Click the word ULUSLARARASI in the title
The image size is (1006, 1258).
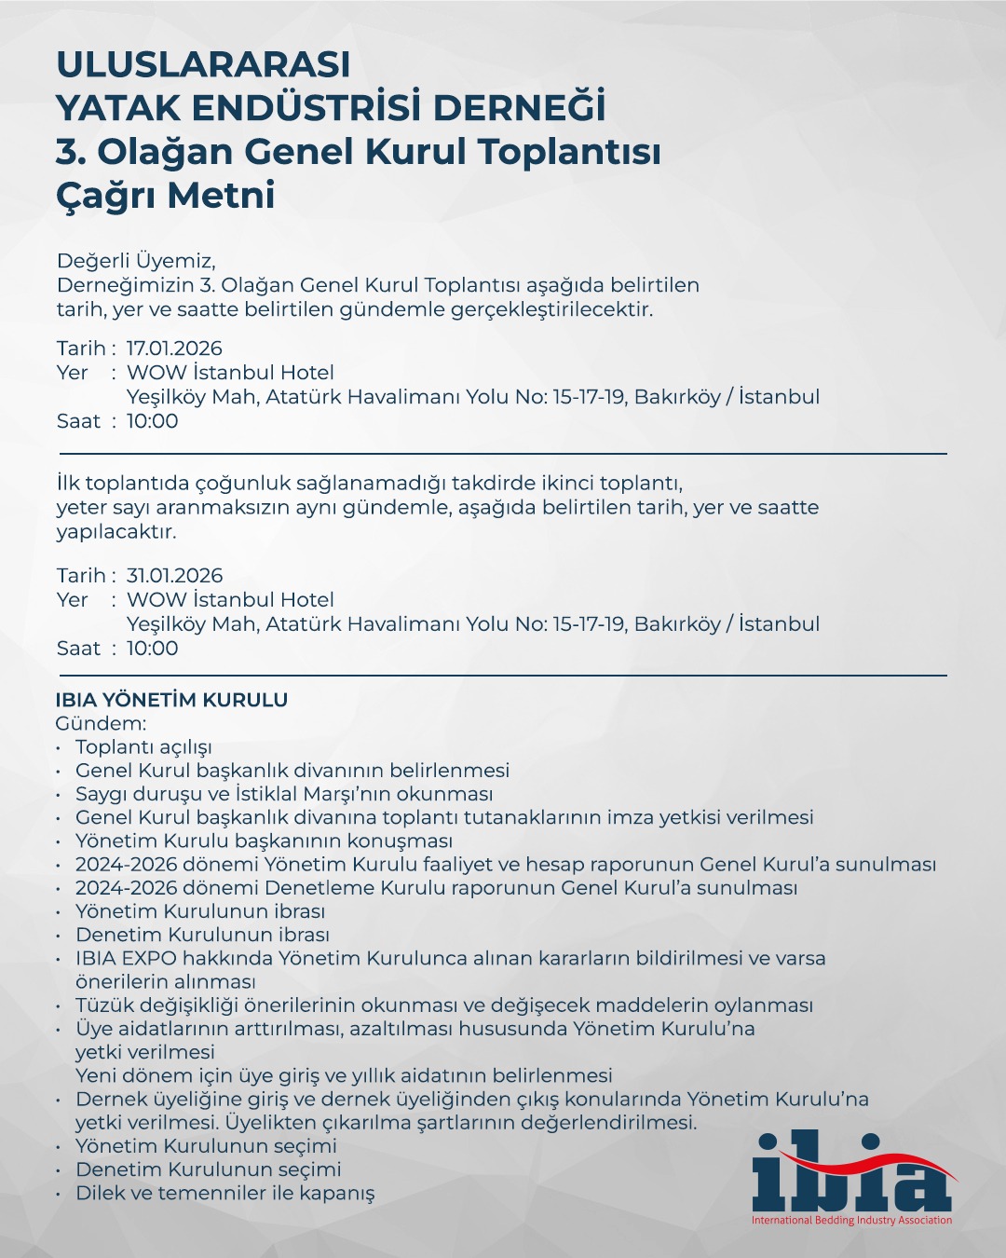pos(203,65)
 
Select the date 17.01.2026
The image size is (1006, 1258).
pos(174,349)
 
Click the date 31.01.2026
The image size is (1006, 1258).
pos(174,576)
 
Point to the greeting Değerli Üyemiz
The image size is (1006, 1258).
pos(136,261)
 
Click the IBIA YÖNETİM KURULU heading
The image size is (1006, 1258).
pos(171,700)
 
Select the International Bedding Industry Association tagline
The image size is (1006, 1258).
pos(852,1221)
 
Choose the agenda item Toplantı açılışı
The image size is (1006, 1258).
pos(143,747)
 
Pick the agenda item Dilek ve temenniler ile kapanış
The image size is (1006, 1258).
pos(225,1194)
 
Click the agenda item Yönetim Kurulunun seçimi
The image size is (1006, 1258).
pos(206,1146)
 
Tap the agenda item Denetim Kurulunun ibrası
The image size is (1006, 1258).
pos(202,935)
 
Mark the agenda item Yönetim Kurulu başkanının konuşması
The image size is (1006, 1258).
pos(264,841)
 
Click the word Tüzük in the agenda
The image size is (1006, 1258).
pos(102,1005)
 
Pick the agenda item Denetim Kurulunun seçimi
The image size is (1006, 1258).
pos(208,1169)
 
